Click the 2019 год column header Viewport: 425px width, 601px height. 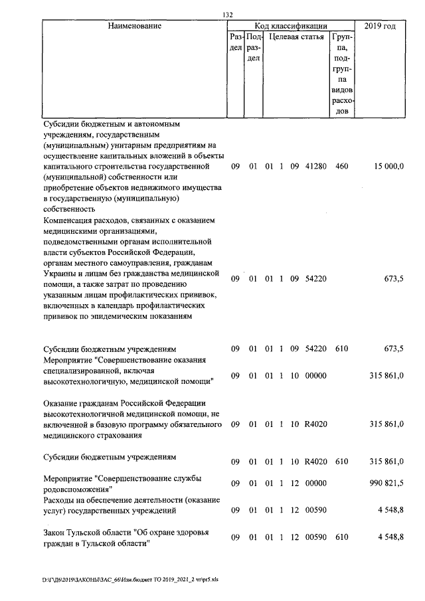[x=381, y=26]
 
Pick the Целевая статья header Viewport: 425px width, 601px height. [x=297, y=38]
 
